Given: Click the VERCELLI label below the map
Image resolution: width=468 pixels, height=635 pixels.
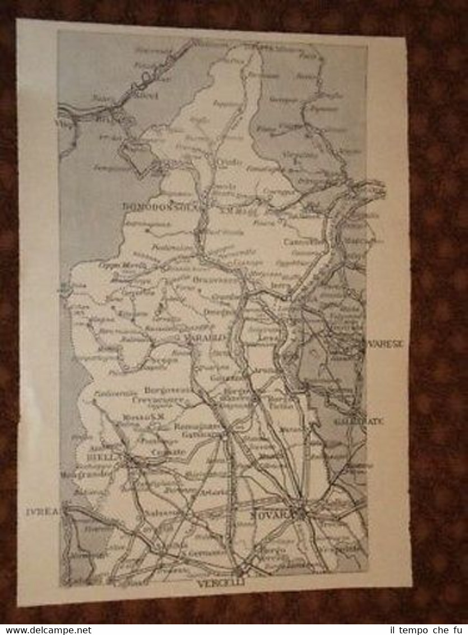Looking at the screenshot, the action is [221, 583].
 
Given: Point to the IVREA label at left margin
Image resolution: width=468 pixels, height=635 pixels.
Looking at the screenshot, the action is [42, 512].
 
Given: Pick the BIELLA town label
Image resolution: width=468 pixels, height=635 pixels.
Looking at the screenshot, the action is [105, 457].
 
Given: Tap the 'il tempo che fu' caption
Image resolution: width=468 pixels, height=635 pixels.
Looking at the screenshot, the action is [432, 630].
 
